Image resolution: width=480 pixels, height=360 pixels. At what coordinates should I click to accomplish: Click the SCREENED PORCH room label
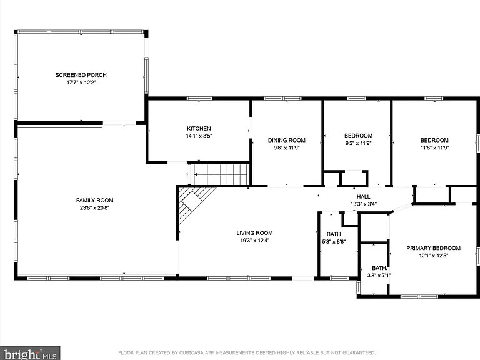click(x=78, y=75)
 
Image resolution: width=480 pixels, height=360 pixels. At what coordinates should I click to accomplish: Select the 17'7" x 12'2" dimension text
click(x=78, y=82)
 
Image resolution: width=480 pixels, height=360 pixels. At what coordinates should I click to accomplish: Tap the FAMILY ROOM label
click(x=95, y=200)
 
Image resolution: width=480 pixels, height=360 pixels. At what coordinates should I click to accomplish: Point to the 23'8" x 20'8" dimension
click(x=95, y=207)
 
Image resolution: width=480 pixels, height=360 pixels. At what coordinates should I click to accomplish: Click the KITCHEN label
click(x=199, y=128)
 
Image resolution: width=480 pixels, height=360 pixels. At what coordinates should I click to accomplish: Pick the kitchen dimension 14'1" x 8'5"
click(x=199, y=136)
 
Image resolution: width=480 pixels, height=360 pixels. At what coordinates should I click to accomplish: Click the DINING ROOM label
click(x=286, y=140)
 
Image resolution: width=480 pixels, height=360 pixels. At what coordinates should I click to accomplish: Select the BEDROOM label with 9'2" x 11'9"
click(x=358, y=136)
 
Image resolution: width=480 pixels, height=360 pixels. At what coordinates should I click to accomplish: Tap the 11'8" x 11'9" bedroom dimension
click(x=434, y=147)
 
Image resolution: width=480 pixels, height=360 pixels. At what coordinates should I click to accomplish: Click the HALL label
click(x=363, y=196)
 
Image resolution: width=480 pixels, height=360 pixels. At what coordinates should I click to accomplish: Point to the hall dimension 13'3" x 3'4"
click(x=363, y=204)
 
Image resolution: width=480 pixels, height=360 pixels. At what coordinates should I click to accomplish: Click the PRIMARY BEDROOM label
click(x=433, y=248)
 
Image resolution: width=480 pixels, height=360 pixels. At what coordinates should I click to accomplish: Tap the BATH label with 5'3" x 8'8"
click(x=333, y=234)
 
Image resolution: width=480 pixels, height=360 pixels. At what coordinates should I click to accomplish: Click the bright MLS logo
click(x=30, y=353)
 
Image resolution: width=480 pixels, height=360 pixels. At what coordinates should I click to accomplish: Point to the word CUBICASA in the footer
click(x=193, y=353)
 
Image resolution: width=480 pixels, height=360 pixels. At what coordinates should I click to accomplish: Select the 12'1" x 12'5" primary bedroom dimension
click(x=433, y=256)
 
